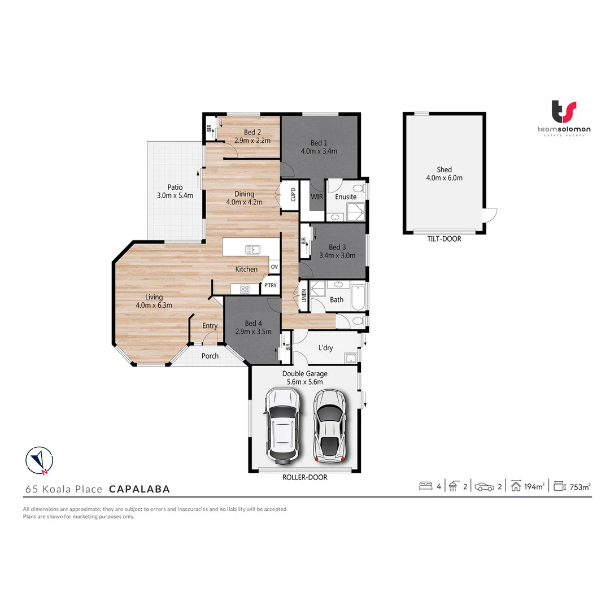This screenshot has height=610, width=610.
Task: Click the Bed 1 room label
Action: click(x=319, y=142)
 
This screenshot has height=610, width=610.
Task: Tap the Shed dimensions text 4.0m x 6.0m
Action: click(x=444, y=178)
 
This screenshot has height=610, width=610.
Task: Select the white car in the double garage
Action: click(x=284, y=424)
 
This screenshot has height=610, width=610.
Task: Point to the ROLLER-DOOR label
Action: click(x=306, y=477)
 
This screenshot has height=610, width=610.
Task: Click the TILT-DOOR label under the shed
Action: click(x=444, y=239)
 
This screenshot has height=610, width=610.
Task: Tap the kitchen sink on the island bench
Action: click(x=251, y=249)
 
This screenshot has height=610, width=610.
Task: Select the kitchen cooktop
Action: click(x=245, y=289)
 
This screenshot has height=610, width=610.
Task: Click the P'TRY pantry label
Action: click(x=271, y=286)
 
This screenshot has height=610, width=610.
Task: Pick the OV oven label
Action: click(x=274, y=267)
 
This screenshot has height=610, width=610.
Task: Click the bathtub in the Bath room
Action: click(x=358, y=297)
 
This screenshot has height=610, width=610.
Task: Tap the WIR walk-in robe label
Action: click(x=317, y=197)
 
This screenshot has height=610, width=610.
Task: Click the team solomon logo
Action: click(x=563, y=117)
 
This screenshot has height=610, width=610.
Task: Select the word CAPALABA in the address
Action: click(x=140, y=489)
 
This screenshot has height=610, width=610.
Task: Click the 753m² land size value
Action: click(x=579, y=486)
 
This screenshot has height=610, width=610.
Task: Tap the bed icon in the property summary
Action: click(x=425, y=486)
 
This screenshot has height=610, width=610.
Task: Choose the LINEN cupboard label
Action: click(x=304, y=295)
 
